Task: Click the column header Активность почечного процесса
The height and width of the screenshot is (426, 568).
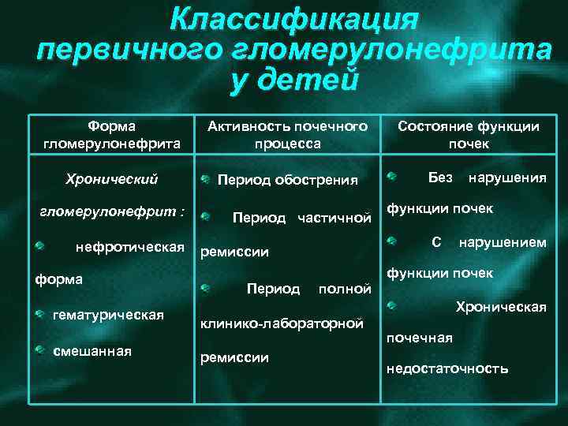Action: point(287,135)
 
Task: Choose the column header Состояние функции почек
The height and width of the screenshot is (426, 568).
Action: point(469,135)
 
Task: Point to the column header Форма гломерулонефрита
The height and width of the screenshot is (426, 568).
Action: point(111,135)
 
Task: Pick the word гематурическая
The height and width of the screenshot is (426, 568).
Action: point(108,316)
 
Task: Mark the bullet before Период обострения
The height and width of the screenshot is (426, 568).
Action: point(204,179)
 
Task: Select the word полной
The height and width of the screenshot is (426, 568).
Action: point(344,289)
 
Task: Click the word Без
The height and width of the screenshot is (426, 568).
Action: point(440,177)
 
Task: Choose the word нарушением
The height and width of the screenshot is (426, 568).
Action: point(503,242)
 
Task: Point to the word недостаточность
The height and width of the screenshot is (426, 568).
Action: point(447,368)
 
